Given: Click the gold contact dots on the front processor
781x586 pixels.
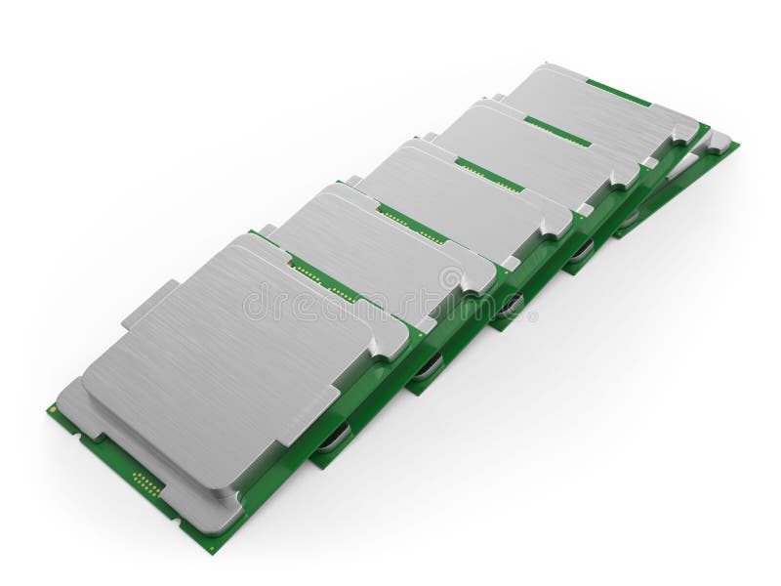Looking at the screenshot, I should (147, 482).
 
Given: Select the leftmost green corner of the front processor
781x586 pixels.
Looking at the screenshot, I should (51, 409).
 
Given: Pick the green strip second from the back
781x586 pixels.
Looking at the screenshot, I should (556, 131).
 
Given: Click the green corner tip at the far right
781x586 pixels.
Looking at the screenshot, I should (734, 146).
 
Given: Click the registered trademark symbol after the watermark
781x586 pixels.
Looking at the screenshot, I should (533, 315).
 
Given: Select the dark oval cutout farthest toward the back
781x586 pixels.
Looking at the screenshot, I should (630, 219).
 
